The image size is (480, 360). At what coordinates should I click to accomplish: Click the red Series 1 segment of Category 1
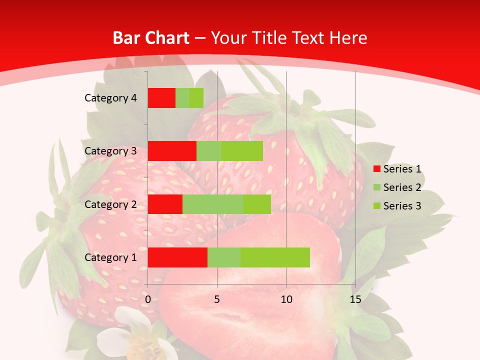pos(177,257)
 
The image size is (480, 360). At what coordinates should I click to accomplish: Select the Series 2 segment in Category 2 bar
pos(213,204)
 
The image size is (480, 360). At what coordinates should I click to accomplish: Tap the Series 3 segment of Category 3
pos(242,151)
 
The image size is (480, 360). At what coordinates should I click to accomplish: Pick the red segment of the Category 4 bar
pos(161,98)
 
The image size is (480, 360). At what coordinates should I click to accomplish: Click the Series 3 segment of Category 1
pos(275,257)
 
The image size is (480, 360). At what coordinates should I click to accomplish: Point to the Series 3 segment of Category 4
pos(196,98)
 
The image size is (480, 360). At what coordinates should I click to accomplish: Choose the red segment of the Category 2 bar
pos(165,204)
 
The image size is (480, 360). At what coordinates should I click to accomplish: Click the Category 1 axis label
pos(110,257)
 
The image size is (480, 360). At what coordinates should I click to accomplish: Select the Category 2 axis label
pos(110,204)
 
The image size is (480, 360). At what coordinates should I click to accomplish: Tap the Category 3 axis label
pos(110,151)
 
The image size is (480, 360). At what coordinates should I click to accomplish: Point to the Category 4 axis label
pos(110,98)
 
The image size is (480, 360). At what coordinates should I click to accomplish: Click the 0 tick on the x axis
pos(148,299)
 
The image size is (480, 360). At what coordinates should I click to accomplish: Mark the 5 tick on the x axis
pos(217,299)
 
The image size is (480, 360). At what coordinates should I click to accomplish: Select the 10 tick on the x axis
pos(286,299)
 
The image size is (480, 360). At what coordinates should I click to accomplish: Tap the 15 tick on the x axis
pos(355,299)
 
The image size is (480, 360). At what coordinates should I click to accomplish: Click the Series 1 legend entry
pos(397,169)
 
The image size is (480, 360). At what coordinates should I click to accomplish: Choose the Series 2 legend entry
pos(397,187)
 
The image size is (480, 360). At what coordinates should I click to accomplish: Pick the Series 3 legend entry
pos(397,206)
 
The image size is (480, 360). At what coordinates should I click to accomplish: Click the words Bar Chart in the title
pos(151,38)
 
